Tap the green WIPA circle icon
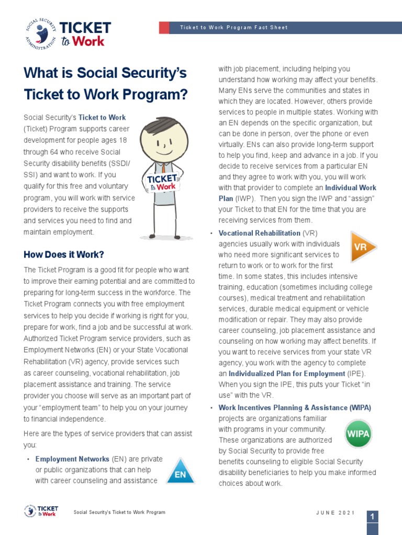tap(359, 433)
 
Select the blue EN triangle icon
tap(180, 472)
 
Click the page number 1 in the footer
tap(372, 516)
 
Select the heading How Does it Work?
tap(64, 254)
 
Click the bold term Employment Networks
tap(72, 459)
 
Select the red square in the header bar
tap(164, 28)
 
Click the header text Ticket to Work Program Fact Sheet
tap(233, 28)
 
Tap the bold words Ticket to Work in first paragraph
tap(102, 118)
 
